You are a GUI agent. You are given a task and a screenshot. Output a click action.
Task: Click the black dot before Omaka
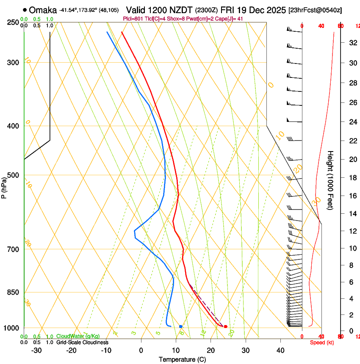point(25,10)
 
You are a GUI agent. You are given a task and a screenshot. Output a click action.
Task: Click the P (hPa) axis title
point(4,186)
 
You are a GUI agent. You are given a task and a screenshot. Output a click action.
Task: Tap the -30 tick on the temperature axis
point(36,350)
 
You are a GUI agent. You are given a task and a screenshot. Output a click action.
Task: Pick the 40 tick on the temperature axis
point(280,350)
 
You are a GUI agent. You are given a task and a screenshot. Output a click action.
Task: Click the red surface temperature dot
point(225,326)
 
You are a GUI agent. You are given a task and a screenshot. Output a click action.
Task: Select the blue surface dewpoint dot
point(181,326)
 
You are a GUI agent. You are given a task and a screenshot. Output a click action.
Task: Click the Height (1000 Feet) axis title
point(331,180)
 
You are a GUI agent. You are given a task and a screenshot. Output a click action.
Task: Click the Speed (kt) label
point(322,342)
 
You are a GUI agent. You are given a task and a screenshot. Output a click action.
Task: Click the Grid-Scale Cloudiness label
point(82,342)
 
